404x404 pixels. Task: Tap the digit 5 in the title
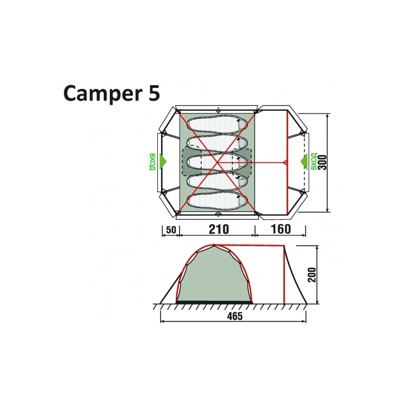(153, 92)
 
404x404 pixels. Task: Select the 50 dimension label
(171, 229)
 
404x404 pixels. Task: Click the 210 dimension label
(217, 229)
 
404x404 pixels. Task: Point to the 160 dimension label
(281, 229)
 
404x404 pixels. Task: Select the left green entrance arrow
(164, 162)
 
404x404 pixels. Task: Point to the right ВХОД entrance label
(313, 162)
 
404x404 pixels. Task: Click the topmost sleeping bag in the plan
(217, 123)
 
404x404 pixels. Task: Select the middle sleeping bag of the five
(217, 162)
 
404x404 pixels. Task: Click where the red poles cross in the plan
(217, 162)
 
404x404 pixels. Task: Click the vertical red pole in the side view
(284, 276)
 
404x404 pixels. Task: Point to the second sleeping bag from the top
(217, 142)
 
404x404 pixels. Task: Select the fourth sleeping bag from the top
(217, 181)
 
